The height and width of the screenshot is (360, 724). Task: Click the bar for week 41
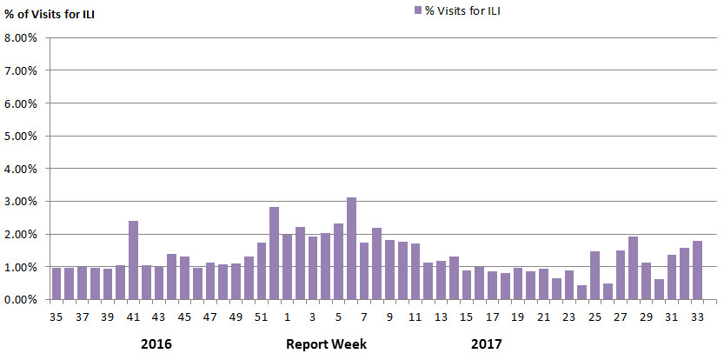[133, 260]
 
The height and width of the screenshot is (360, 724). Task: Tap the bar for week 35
[56, 283]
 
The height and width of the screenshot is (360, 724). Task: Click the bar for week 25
[594, 276]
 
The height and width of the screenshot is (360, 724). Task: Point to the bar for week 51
[262, 271]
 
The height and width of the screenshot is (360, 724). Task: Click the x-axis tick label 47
[210, 317]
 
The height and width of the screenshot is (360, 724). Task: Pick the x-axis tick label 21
[543, 317]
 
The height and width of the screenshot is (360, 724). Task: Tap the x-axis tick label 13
[441, 317]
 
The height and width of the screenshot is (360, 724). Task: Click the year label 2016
[156, 344]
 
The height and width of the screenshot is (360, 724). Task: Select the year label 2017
[487, 344]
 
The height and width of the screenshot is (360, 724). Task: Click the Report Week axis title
[327, 344]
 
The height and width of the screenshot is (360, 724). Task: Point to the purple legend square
[417, 10]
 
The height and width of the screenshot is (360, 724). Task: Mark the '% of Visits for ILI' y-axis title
[50, 12]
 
